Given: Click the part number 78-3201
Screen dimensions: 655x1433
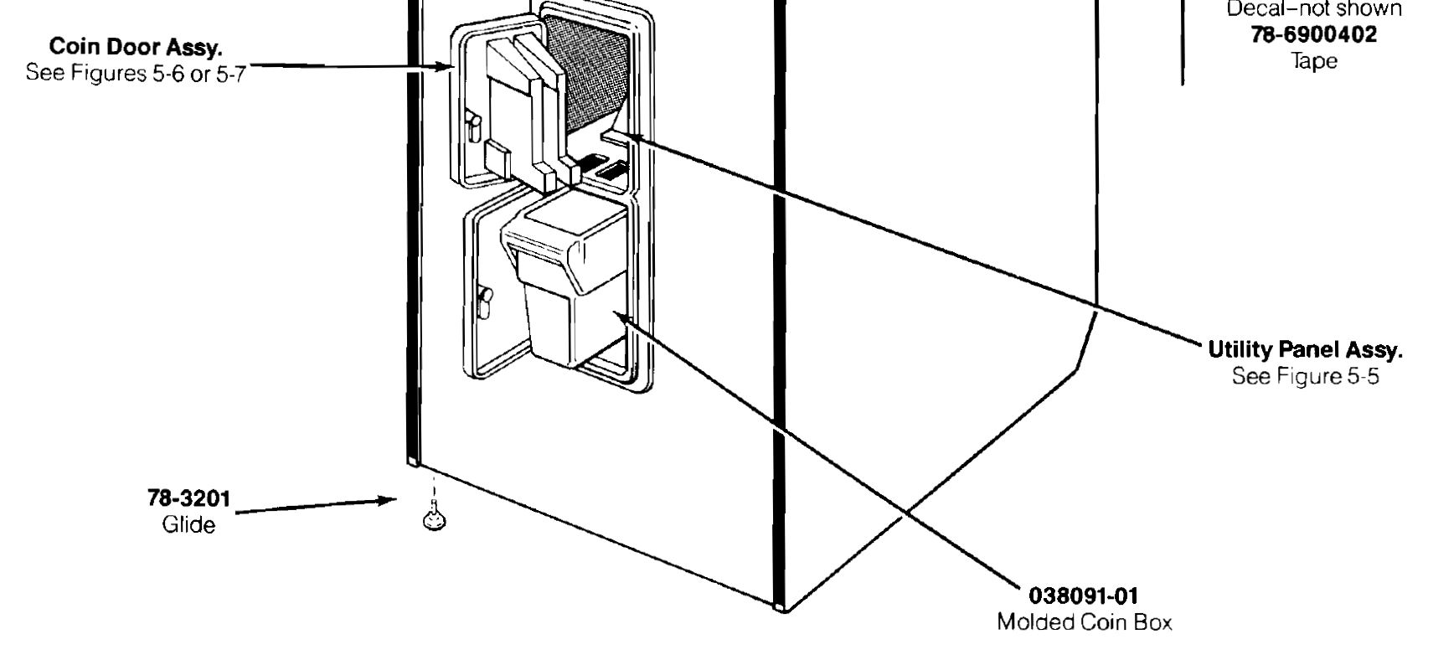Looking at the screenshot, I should pyautogui.click(x=188, y=498).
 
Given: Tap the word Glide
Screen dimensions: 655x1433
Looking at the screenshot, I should pyautogui.click(x=188, y=525).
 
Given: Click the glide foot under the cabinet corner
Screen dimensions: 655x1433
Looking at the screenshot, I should pyautogui.click(x=434, y=520).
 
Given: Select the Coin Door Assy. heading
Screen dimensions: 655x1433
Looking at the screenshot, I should pyautogui.click(x=136, y=46).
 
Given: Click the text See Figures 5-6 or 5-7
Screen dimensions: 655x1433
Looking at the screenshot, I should pyautogui.click(x=136, y=73).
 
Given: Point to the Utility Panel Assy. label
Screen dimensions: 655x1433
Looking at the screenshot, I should pyautogui.click(x=1305, y=349).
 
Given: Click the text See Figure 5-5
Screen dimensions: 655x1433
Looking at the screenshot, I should pyautogui.click(x=1305, y=376).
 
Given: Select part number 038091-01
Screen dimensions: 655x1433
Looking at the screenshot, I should pyautogui.click(x=1084, y=596).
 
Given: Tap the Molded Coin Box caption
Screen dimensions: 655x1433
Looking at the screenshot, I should pyautogui.click(x=1084, y=622).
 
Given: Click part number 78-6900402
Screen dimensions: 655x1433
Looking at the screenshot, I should pyautogui.click(x=1313, y=34).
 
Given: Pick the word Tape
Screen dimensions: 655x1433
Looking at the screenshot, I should pyautogui.click(x=1313, y=60).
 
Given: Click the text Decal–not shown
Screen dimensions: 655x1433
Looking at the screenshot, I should pyautogui.click(x=1313, y=10).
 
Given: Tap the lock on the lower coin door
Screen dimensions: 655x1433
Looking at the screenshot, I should pyautogui.click(x=483, y=302).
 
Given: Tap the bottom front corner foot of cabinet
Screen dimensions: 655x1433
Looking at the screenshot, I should pyautogui.click(x=781, y=606).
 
